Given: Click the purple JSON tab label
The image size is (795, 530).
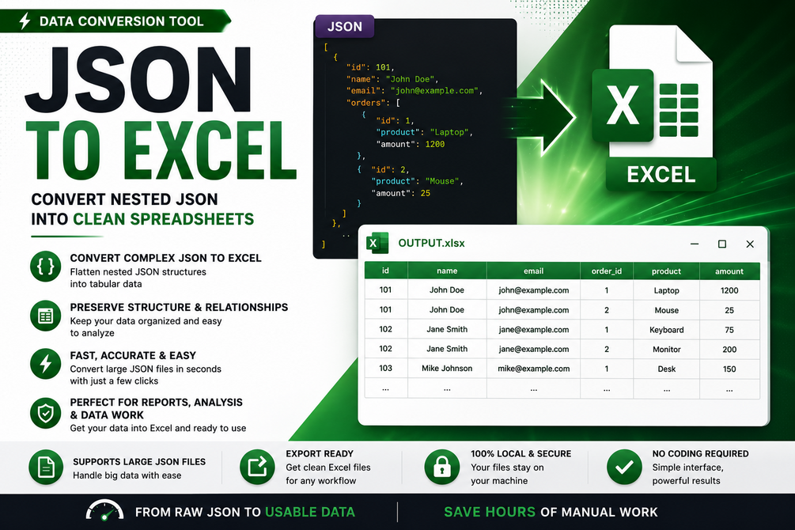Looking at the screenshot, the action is point(345,26).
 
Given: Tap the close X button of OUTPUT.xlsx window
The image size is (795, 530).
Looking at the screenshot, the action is point(750,244).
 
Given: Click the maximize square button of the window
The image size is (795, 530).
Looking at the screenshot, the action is point(722,244).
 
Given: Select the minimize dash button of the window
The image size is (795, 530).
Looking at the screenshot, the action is point(695,244).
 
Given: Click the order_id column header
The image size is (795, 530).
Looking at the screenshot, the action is point(607,271).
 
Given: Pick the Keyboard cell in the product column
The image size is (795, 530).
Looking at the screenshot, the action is point(666,330).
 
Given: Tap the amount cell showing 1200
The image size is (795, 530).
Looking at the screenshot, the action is point(729,290).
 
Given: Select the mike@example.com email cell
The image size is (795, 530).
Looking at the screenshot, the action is point(533,369).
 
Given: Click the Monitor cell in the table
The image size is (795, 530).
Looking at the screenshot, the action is point(666,350).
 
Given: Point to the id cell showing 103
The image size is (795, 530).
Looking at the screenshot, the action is point(385,368).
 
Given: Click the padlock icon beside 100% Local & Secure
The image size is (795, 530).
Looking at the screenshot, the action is point(442,467).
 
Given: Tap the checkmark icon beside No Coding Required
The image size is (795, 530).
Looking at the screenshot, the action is point(624,467).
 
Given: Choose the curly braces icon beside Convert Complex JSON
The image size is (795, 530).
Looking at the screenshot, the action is point(46,267).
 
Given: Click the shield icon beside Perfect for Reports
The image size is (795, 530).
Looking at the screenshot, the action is point(46,413).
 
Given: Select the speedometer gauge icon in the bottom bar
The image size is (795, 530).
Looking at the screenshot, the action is point(105,511).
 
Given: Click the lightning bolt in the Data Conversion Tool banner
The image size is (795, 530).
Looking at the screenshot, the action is point(25,21).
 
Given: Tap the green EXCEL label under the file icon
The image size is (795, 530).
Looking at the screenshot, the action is point(661,175).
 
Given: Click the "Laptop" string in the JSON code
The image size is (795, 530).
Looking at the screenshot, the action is point(449,132).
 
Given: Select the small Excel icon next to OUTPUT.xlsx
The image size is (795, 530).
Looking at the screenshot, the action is point(377,243).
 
